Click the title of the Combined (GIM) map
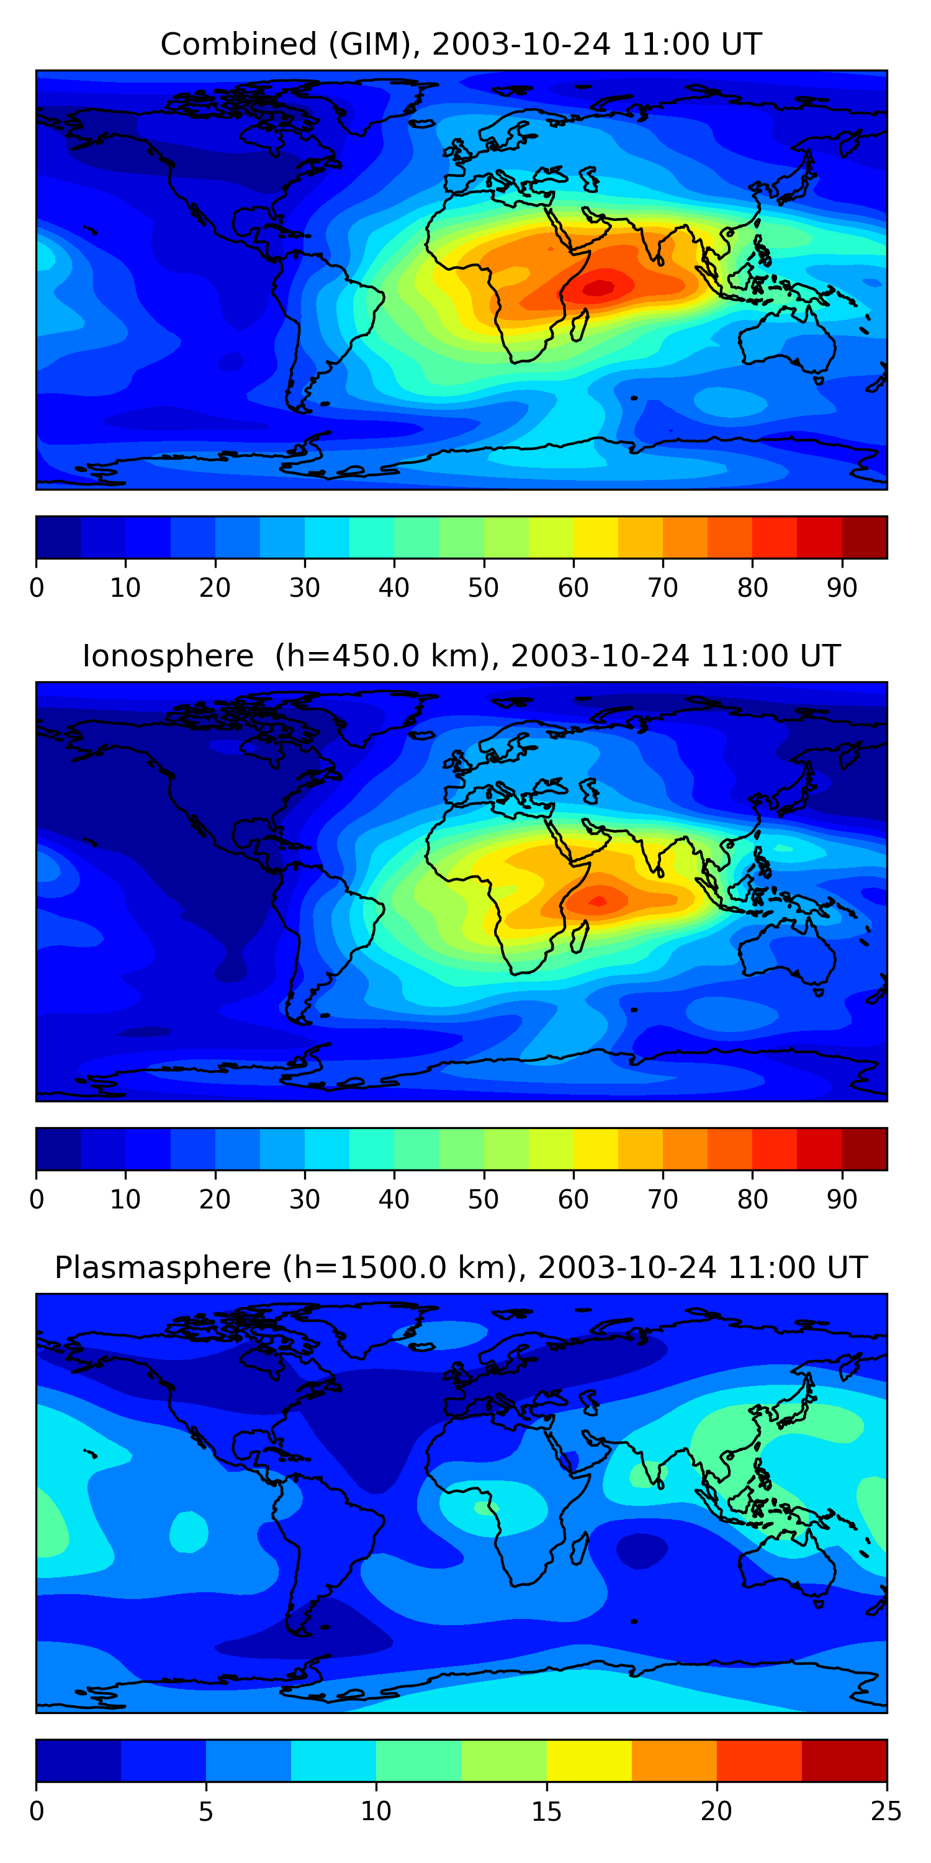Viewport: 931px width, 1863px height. pos(461,44)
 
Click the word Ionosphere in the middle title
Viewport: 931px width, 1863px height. pos(168,656)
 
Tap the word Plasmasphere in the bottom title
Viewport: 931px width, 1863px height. pos(163,1268)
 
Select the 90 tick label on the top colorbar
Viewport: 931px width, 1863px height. pos(842,587)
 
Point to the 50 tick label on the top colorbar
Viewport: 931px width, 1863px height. pos(483,587)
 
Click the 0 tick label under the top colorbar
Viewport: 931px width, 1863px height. pos(37,587)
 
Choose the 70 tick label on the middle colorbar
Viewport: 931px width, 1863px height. pos(663,1199)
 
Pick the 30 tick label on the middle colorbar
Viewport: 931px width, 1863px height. pos(304,1199)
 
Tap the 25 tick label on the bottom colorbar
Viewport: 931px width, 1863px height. pos(886,1811)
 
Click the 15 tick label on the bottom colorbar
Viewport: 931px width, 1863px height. pos(546,1811)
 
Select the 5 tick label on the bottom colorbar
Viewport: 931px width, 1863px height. pos(206,1811)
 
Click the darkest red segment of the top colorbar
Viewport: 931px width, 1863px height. pos(865,537)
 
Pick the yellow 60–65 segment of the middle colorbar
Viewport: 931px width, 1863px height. pos(596,1148)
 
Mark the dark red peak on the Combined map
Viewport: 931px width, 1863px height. pos(598,288)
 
